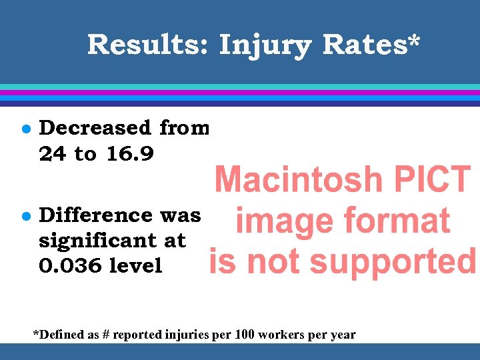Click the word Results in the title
pyautogui.click(x=147, y=45)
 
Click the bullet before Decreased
pyautogui.click(x=23, y=127)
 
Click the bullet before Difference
pyautogui.click(x=23, y=215)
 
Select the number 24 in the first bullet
pyautogui.click(x=53, y=154)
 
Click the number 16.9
pyautogui.click(x=130, y=154)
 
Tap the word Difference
pyautogui.click(x=96, y=215)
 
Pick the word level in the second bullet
pyautogui.click(x=136, y=266)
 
